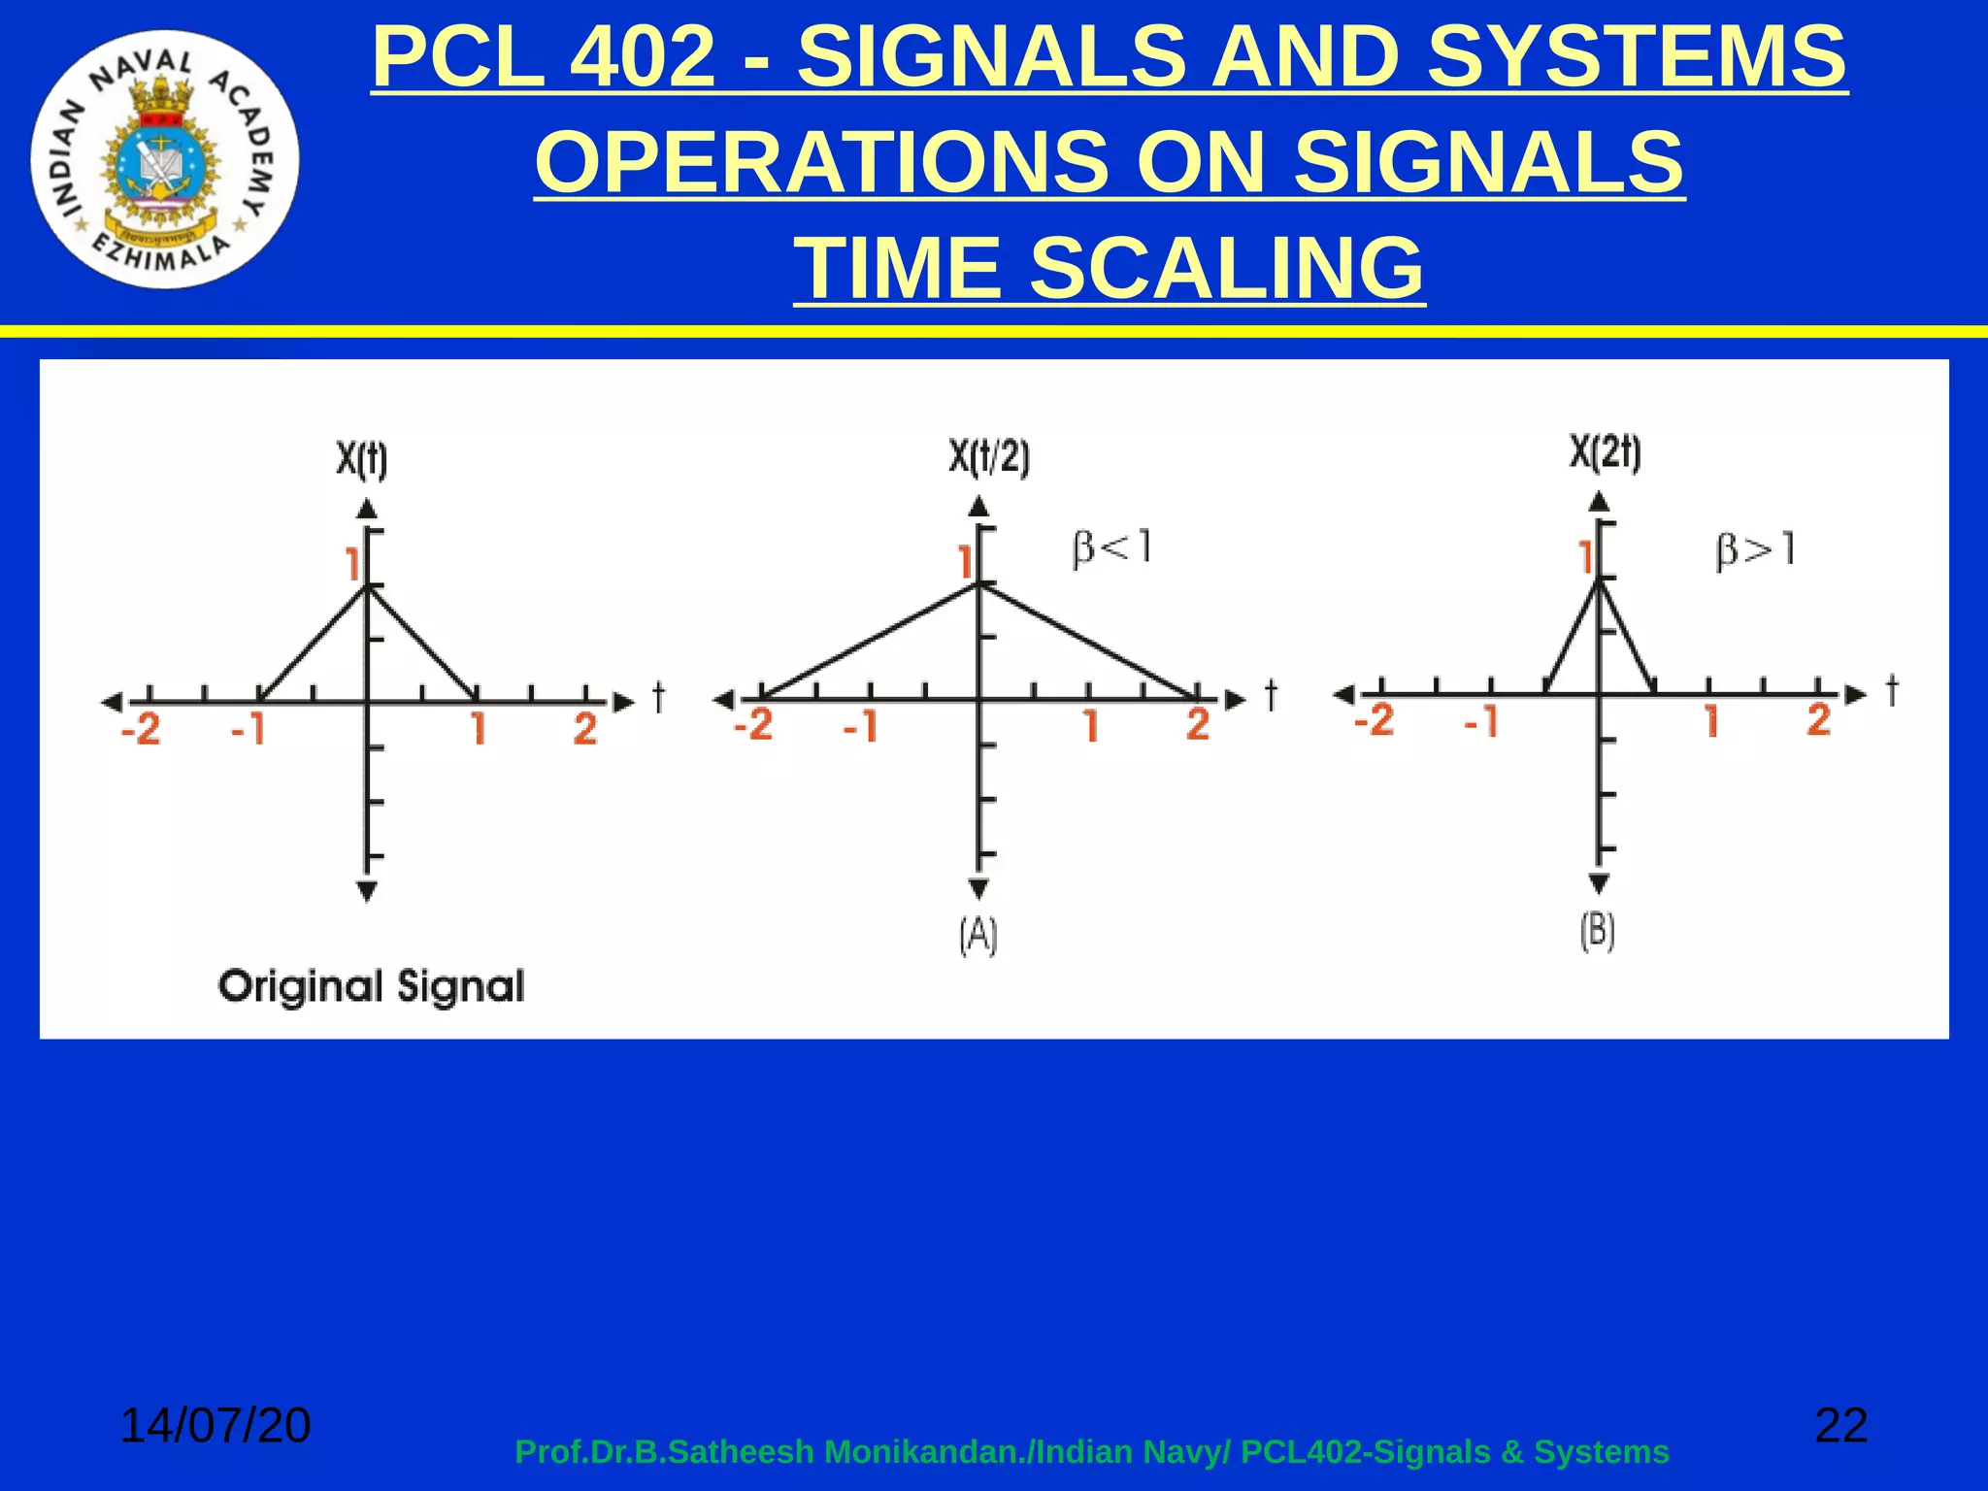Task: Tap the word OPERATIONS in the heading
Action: tap(821, 162)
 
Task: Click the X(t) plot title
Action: tap(362, 459)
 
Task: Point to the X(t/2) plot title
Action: tap(989, 456)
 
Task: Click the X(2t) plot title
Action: tap(1606, 452)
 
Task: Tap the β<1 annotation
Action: tap(1112, 547)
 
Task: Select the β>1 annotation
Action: tap(1756, 550)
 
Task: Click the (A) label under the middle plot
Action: tap(978, 936)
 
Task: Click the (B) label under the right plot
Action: tap(1598, 931)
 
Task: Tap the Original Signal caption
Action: tap(372, 987)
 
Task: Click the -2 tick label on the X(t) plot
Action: tap(141, 729)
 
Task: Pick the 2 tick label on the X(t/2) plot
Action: tap(1198, 725)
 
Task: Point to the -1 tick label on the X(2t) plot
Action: tap(1481, 721)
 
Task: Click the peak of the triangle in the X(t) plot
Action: tap(367, 586)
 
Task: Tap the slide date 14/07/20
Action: tap(215, 1425)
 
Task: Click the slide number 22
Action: tap(1841, 1425)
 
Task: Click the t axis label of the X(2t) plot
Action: tap(1892, 690)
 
